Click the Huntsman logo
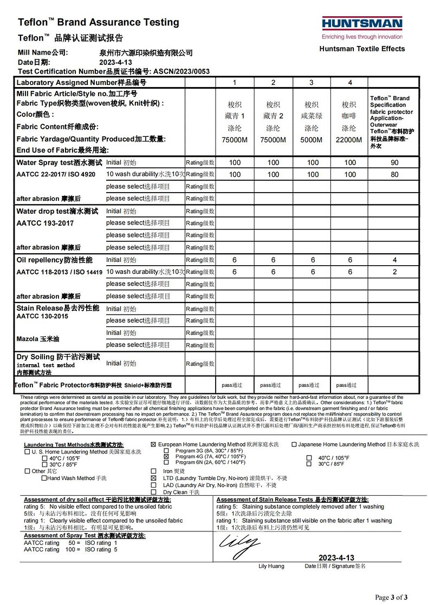(x=362, y=24)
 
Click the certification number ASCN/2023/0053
(x=181, y=71)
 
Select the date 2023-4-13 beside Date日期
(x=115, y=62)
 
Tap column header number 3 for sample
(x=311, y=83)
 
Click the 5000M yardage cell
(x=311, y=140)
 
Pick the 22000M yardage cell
(x=349, y=140)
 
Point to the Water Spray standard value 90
(x=395, y=163)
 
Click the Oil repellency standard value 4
(x=395, y=260)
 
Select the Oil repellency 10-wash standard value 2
(x=395, y=272)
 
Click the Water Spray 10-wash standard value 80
(x=395, y=174)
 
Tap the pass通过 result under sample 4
(x=346, y=385)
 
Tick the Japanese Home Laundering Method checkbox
(x=294, y=444)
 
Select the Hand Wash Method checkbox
(x=44, y=478)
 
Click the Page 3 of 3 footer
(x=396, y=597)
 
